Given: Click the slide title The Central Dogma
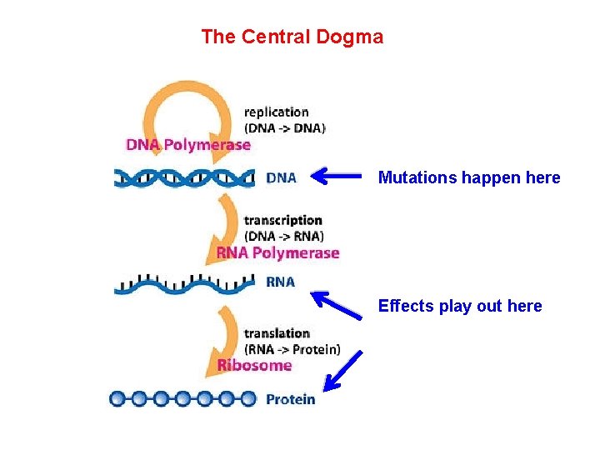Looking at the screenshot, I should pos(292,37).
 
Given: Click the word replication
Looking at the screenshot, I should pos(276,112).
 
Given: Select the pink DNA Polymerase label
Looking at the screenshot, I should pos(188,145).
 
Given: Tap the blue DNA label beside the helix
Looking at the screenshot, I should pos(281,177).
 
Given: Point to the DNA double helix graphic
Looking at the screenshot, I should pos(184,177).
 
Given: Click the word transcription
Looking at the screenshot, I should pos(282,220).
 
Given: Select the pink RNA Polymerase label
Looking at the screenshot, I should pos(277,252).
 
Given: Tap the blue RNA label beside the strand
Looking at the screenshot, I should pos(280,282).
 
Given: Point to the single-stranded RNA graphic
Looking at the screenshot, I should pos(184,283).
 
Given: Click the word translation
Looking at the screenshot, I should pos(277,333).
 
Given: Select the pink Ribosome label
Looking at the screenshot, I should pos(254,365).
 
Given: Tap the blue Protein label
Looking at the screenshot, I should pos(290,399).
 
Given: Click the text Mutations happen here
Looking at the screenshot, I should pos(468,177).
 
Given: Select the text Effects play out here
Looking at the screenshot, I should pos(459,306).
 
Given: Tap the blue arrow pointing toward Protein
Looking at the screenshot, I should pos(343,370).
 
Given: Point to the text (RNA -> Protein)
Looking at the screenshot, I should pos(292,349).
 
